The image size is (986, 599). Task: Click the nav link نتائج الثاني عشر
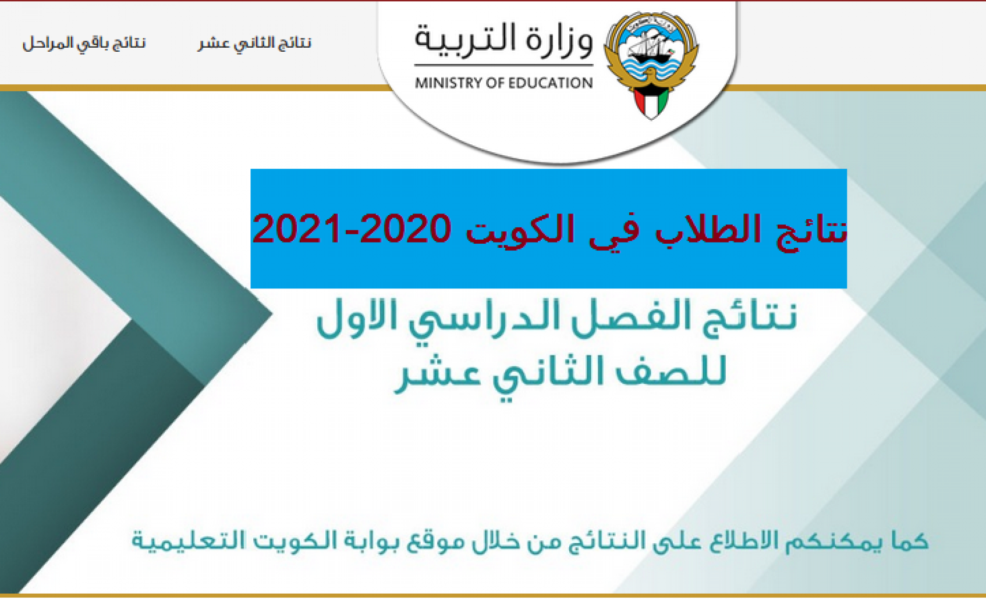click(255, 43)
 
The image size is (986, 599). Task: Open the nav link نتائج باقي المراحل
click(84, 43)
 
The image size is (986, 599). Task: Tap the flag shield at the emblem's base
click(651, 102)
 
